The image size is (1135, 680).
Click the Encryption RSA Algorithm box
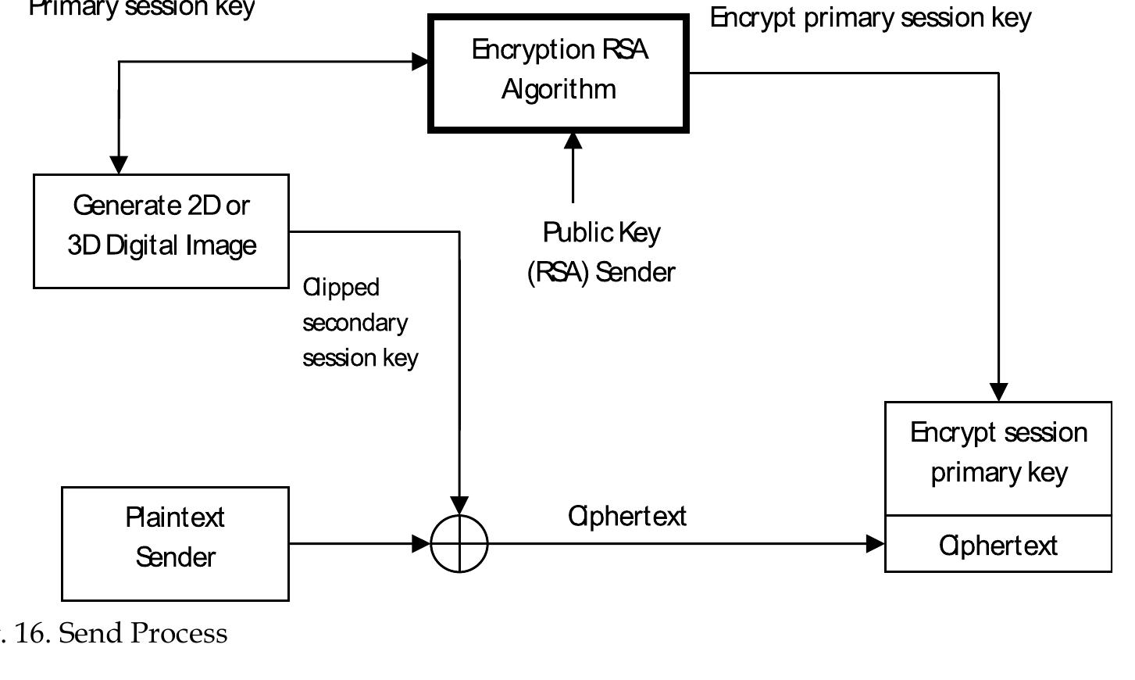[559, 73]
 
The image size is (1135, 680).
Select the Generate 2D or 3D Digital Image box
[161, 231]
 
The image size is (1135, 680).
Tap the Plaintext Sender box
[175, 543]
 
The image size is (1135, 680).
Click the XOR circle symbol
[459, 543]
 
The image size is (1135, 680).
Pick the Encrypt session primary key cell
[998, 458]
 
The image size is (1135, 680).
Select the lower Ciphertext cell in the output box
[998, 545]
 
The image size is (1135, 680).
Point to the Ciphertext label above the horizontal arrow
[627, 516]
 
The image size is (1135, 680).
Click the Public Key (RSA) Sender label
[601, 252]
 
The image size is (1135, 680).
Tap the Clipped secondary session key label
[359, 322]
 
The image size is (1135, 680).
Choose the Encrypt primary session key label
[870, 17]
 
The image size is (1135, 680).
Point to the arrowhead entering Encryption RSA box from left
[421, 61]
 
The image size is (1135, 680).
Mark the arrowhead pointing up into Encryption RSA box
[573, 141]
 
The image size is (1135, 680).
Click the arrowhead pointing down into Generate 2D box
[119, 165]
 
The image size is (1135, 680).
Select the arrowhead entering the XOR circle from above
[459, 505]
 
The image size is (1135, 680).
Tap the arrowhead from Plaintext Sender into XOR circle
[421, 543]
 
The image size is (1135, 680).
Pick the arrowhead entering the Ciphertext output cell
[876, 543]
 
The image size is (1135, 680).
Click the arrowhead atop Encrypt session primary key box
[998, 392]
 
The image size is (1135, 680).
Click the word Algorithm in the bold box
[559, 89]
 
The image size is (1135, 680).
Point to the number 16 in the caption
[30, 632]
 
